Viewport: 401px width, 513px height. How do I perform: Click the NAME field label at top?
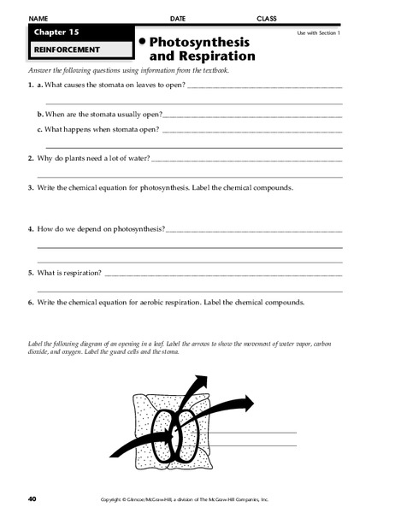point(38,17)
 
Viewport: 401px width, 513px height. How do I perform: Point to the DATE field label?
point(178,17)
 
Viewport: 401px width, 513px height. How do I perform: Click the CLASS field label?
point(268,17)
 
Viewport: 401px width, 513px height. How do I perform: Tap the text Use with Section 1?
point(318,32)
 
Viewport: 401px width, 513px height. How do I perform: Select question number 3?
point(30,187)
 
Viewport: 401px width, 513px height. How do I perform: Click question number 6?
point(30,302)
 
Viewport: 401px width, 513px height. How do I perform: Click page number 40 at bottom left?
point(32,498)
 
